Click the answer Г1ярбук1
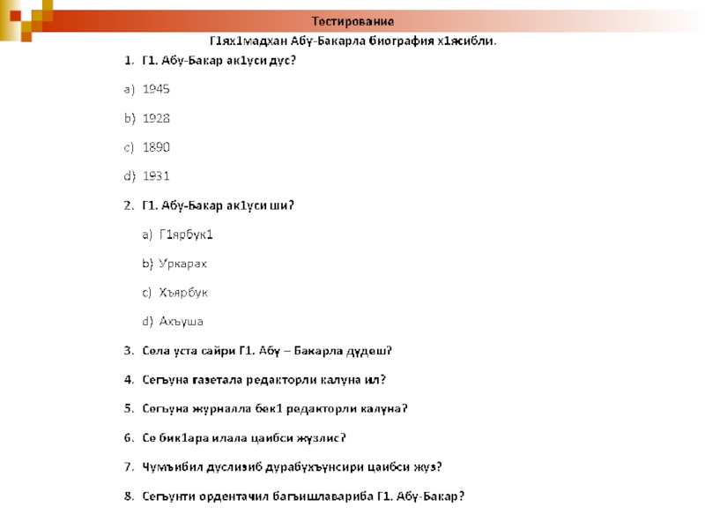187,235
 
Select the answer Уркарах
183,263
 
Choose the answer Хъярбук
183,292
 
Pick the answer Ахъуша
182,321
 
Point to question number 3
129,350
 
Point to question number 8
129,495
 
